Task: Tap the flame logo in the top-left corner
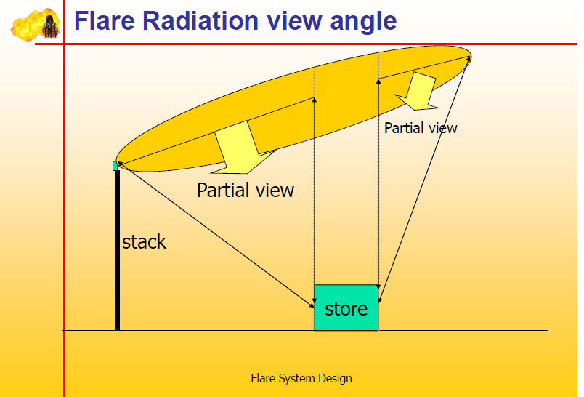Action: tap(34, 24)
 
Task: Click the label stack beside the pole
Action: tap(144, 242)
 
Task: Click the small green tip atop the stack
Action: tap(115, 166)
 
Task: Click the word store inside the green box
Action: tap(346, 309)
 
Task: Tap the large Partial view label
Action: tap(246, 191)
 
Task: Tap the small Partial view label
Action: tap(421, 128)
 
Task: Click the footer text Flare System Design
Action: tap(301, 378)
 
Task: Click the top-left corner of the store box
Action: tap(315, 286)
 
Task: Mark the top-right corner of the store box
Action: tap(378, 286)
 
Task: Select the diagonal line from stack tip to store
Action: tap(214, 234)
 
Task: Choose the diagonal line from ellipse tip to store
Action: tap(425, 178)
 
